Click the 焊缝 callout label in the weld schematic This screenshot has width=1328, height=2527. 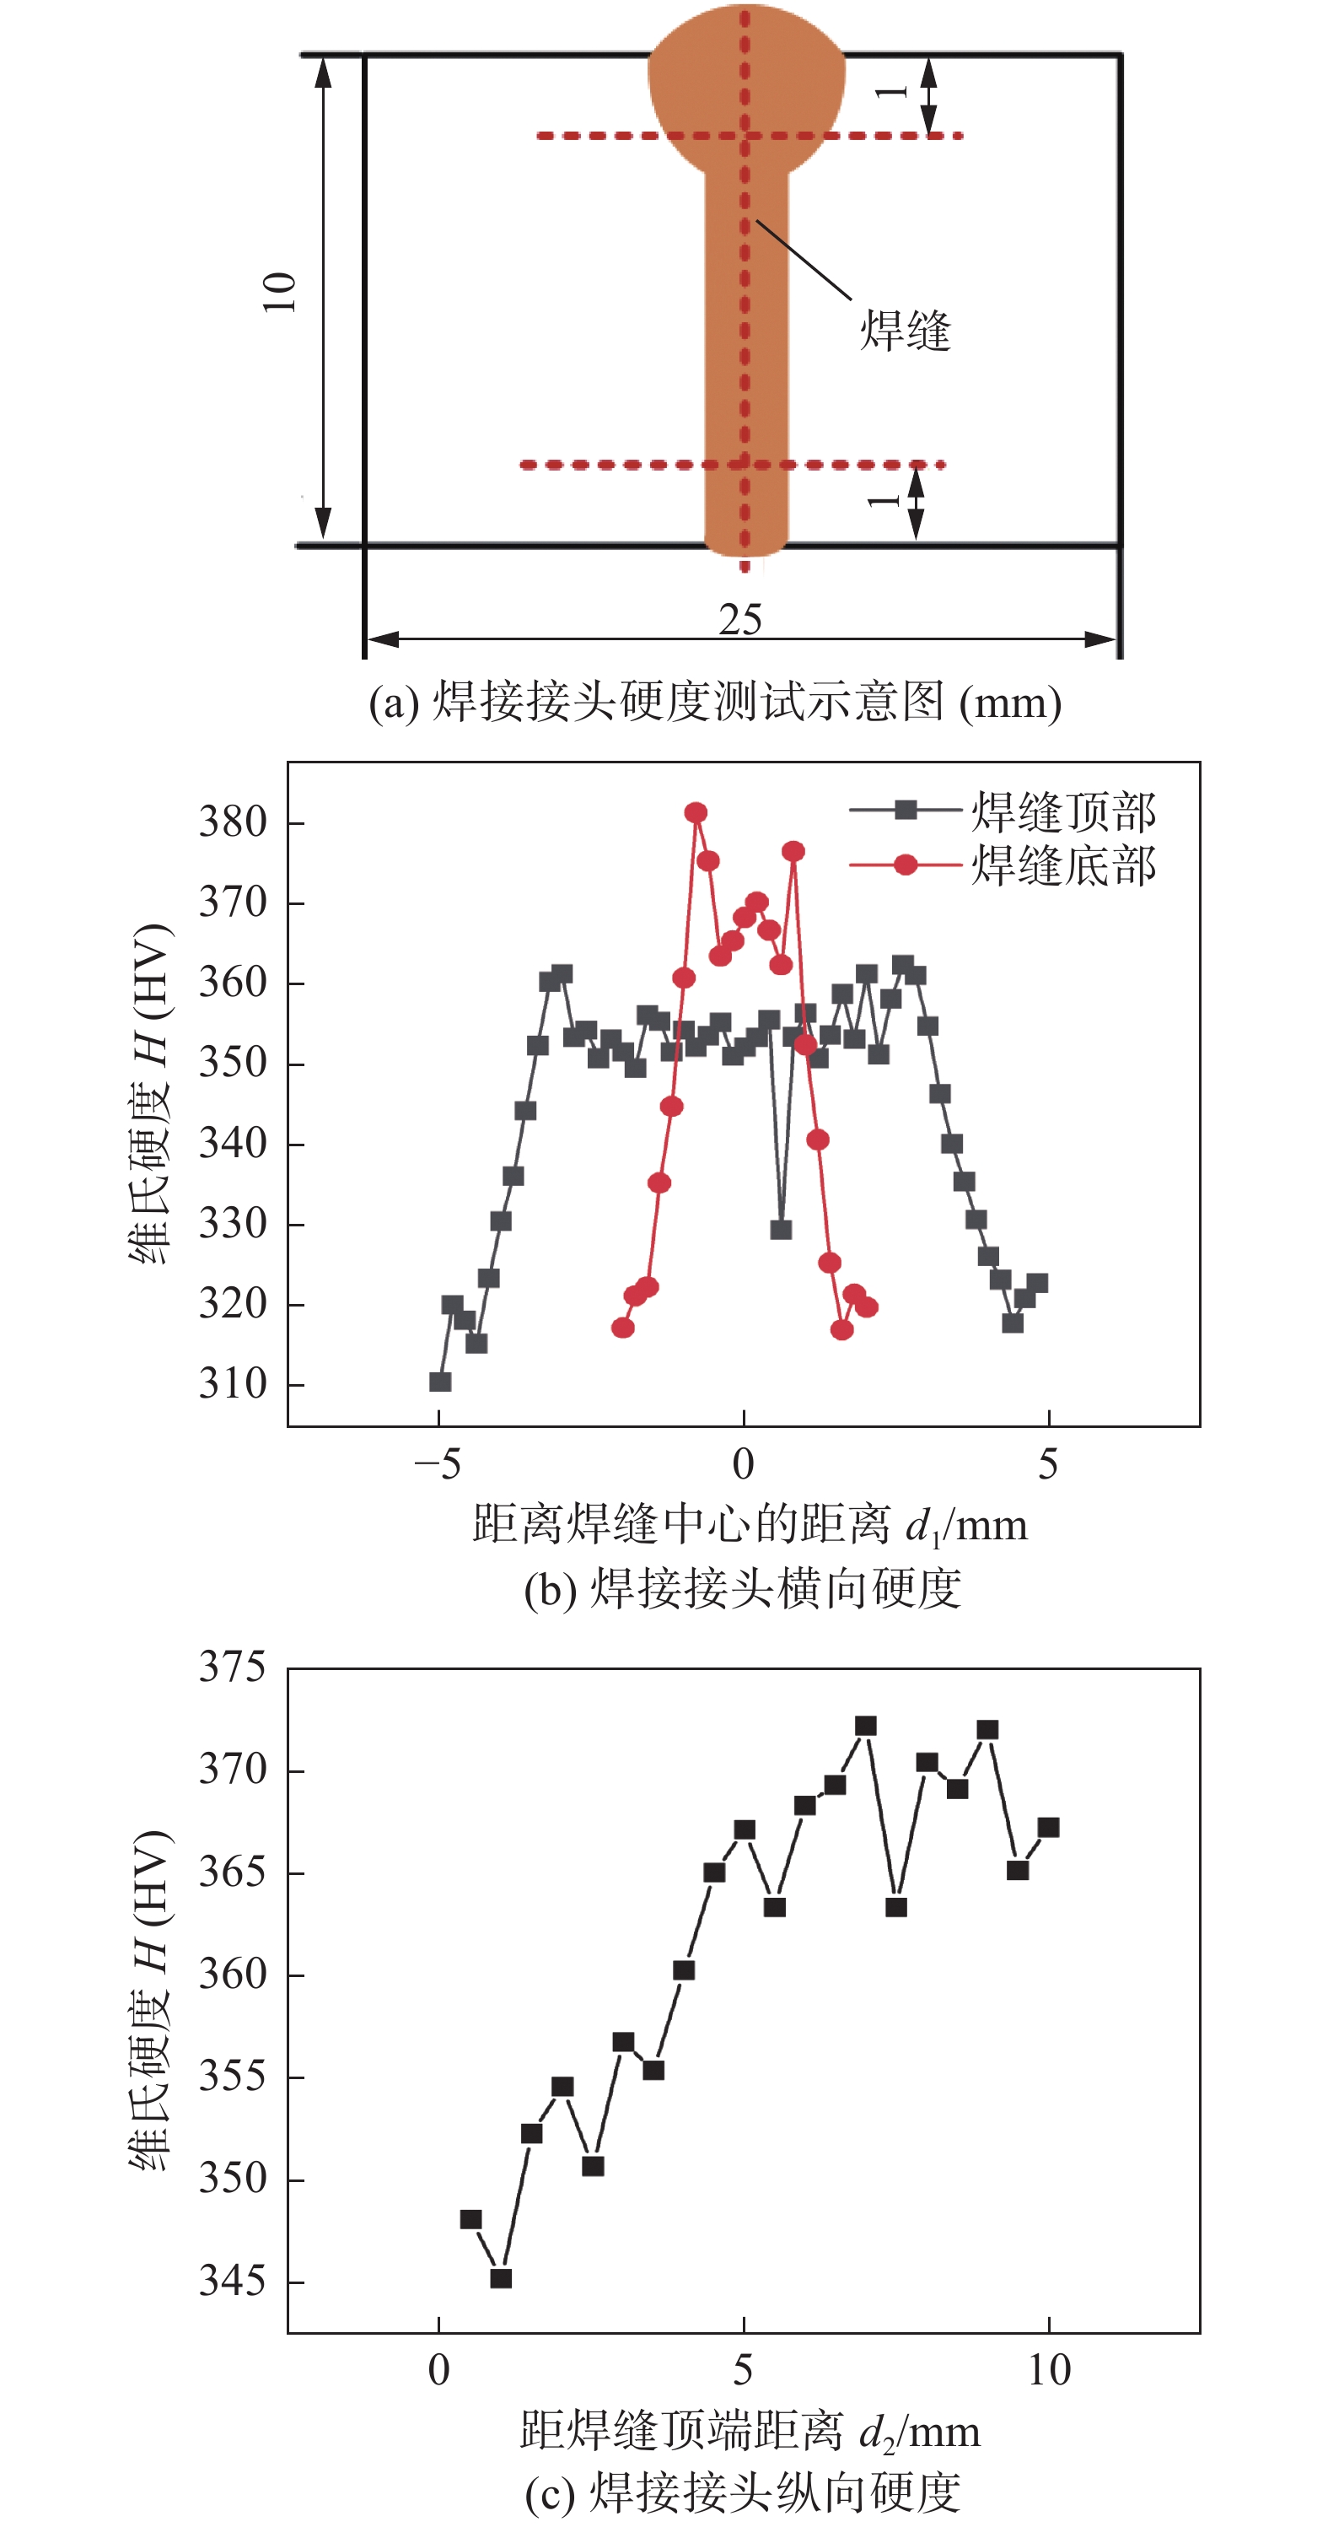coord(904,330)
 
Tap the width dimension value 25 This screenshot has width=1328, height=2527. coord(739,620)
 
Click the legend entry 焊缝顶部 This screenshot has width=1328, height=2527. coord(1063,811)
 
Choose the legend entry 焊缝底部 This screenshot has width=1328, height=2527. coord(1063,865)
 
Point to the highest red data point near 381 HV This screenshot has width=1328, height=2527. coord(696,812)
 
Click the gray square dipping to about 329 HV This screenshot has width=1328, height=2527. coord(781,1229)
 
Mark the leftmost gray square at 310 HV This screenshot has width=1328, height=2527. coord(440,1382)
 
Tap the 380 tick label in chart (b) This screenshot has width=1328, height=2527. coord(233,822)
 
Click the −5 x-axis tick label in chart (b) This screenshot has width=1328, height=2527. coord(438,1464)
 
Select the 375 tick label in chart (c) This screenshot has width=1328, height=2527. coord(233,1667)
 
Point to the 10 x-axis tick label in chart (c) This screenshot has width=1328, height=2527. coord(1048,2370)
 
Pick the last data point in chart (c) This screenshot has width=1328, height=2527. coord(1048,1827)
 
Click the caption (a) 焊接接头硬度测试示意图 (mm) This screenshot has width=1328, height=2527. coord(715,703)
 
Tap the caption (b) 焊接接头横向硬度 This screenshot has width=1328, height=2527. coord(743,1588)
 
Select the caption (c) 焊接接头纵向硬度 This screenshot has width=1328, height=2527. coord(743,2492)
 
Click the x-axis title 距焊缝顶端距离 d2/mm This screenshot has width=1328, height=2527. coord(750,2432)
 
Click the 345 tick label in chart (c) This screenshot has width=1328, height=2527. coord(233,2282)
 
